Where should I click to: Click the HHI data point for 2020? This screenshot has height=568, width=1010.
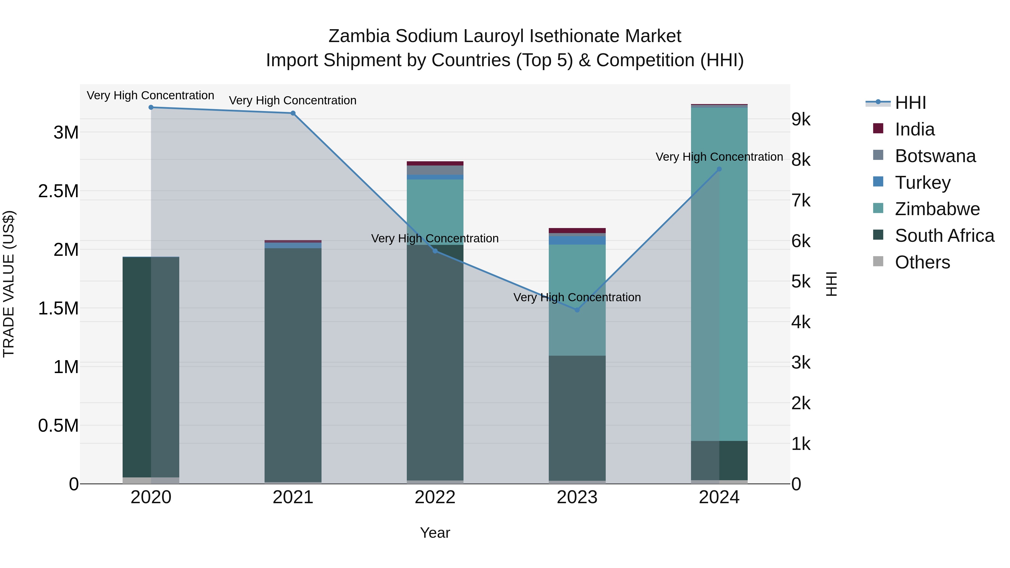point(151,107)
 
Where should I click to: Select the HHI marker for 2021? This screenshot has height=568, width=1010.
point(293,113)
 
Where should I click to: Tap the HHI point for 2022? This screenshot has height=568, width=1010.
point(435,251)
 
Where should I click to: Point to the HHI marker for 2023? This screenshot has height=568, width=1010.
point(577,310)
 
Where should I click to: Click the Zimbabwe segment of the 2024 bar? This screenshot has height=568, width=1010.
point(719,274)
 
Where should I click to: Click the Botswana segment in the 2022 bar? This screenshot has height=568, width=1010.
point(435,170)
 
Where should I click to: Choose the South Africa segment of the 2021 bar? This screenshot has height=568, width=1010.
point(293,365)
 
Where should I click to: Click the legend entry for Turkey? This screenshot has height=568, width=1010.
point(922,183)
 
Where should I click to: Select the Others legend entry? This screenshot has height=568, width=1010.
point(922,262)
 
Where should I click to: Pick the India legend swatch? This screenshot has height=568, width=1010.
point(878,128)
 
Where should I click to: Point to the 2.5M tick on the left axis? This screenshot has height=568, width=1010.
point(58,191)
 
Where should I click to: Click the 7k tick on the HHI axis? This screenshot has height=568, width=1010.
point(801,201)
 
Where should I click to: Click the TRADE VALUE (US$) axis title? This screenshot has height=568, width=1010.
point(9,284)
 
